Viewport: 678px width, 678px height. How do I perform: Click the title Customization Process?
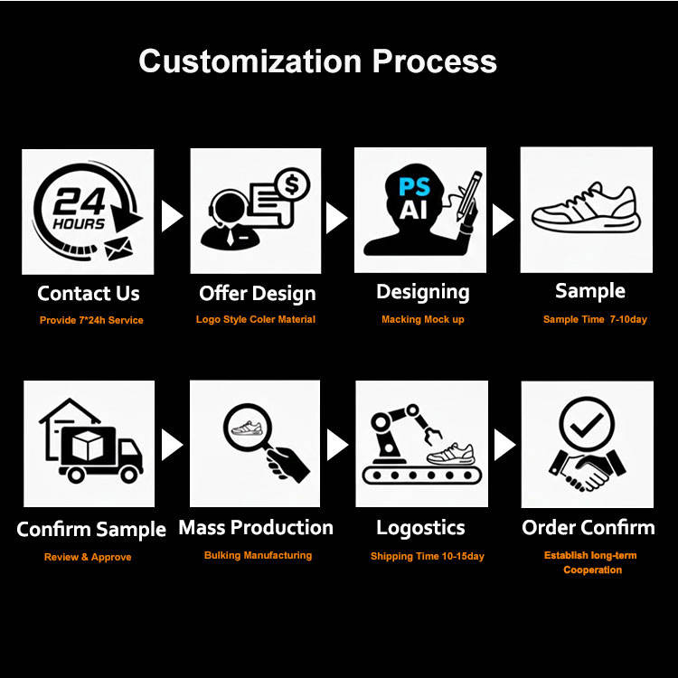[x=317, y=61]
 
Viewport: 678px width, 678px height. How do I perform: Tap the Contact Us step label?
[x=89, y=293]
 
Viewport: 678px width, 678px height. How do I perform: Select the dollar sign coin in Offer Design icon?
[x=293, y=186]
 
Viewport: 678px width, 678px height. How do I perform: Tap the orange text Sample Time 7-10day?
[x=595, y=319]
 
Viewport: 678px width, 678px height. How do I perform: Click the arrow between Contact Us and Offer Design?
[x=171, y=216]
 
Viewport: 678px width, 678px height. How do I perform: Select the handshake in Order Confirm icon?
[x=587, y=470]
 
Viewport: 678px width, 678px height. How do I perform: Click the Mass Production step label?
[x=256, y=528]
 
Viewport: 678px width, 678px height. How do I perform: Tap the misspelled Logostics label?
[x=421, y=528]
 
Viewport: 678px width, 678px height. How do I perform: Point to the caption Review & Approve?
[x=88, y=557]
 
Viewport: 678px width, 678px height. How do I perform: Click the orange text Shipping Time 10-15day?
[x=427, y=556]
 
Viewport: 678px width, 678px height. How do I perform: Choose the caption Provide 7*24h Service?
[x=91, y=320]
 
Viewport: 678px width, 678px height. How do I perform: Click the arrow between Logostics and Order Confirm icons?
[x=504, y=444]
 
